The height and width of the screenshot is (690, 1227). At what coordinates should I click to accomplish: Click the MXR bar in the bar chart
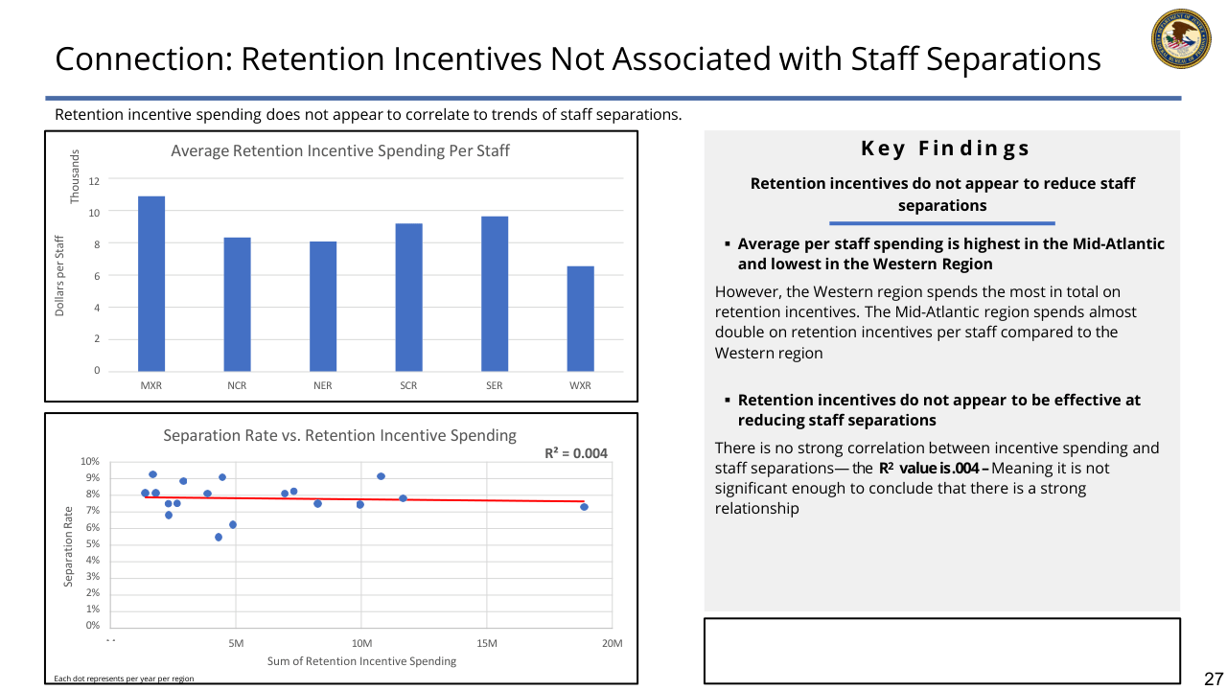[x=151, y=284]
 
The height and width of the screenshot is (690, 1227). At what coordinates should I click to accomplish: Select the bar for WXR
[x=580, y=318]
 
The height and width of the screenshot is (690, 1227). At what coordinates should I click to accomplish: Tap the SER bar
[x=495, y=293]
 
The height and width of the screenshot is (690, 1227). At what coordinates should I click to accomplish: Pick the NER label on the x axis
[x=323, y=385]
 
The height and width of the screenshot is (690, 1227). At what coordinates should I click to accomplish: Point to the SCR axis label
[x=408, y=385]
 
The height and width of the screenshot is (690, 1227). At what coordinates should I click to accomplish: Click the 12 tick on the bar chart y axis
[x=94, y=179]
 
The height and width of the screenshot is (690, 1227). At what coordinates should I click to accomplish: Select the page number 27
[x=1214, y=678]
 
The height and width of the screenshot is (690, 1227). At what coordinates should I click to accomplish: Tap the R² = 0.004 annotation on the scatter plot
[x=576, y=453]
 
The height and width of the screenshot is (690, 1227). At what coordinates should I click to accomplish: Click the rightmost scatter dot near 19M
[x=584, y=507]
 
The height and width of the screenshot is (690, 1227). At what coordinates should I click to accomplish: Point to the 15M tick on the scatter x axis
[x=486, y=643]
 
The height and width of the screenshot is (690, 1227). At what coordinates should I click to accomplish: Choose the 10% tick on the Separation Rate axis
[x=90, y=462]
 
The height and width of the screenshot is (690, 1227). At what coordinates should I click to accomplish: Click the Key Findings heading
[x=945, y=149]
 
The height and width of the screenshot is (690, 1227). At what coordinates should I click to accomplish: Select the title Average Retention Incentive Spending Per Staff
[x=340, y=150]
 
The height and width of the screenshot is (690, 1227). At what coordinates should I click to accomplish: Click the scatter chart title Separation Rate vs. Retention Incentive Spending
[x=339, y=435]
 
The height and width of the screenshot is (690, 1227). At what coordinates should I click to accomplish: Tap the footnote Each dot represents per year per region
[x=124, y=678]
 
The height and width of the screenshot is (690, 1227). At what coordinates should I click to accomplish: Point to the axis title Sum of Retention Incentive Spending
[x=362, y=661]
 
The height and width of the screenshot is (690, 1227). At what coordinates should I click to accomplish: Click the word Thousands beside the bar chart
[x=76, y=175]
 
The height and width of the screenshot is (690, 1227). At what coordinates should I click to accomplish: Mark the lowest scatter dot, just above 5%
[x=219, y=537]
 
